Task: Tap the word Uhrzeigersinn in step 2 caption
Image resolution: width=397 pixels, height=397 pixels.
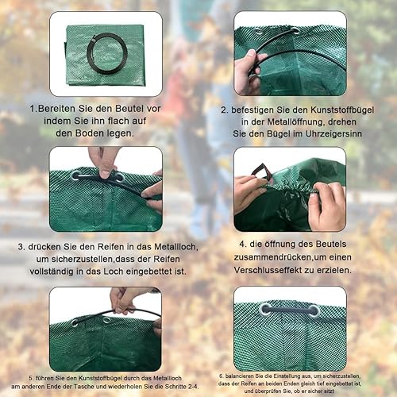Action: coord(333,133)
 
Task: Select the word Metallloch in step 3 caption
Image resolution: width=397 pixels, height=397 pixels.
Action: coord(176,247)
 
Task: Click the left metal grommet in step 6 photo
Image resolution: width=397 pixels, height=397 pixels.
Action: coord(265,310)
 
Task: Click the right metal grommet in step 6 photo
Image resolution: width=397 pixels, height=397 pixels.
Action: coord(314,311)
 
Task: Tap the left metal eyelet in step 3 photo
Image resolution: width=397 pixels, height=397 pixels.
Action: coord(76,175)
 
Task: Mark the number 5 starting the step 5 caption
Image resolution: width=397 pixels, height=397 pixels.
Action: coord(31,378)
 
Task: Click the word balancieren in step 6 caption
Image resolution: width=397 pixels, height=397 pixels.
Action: coord(237,376)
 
